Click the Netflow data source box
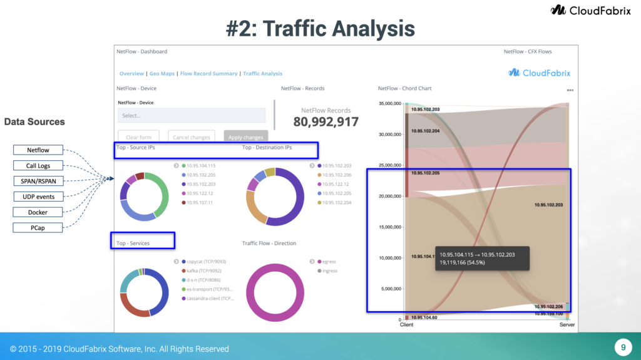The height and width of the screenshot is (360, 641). [x=38, y=150]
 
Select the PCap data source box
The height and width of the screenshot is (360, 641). [x=38, y=228]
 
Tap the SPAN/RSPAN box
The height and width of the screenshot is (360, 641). [x=38, y=181]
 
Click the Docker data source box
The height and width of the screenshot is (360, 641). [x=38, y=212]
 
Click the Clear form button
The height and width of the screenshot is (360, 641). [x=138, y=137]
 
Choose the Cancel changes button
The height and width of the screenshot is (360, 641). [x=192, y=137]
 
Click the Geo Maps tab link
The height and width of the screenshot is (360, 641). [x=162, y=74]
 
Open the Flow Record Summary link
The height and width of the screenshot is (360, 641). [x=208, y=74]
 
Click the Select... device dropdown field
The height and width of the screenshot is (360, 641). [x=192, y=115]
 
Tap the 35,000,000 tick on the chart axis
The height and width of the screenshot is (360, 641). [x=390, y=103]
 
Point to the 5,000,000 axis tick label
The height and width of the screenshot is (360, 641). [x=391, y=289]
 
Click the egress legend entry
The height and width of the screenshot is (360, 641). [x=329, y=262]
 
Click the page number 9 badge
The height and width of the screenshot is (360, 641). [x=623, y=347]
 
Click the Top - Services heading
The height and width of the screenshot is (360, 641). [x=133, y=243]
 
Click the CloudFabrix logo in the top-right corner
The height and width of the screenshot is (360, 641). [x=592, y=10]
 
